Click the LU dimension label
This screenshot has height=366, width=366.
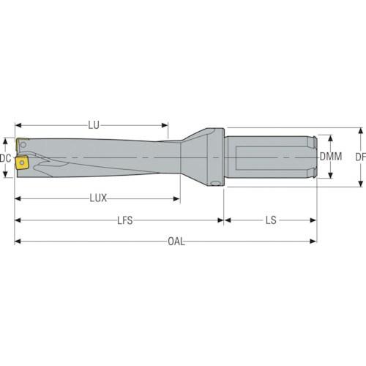(94, 125)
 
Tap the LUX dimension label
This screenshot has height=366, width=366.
(98, 198)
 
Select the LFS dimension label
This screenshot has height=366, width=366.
(125, 220)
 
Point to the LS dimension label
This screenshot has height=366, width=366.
(271, 220)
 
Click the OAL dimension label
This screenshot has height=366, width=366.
(176, 242)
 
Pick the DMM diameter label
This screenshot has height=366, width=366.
(331, 157)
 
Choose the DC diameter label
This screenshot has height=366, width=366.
(5, 158)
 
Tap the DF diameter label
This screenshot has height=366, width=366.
(361, 157)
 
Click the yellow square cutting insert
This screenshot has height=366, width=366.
(22, 163)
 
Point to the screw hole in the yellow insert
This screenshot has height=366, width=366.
(22, 163)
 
